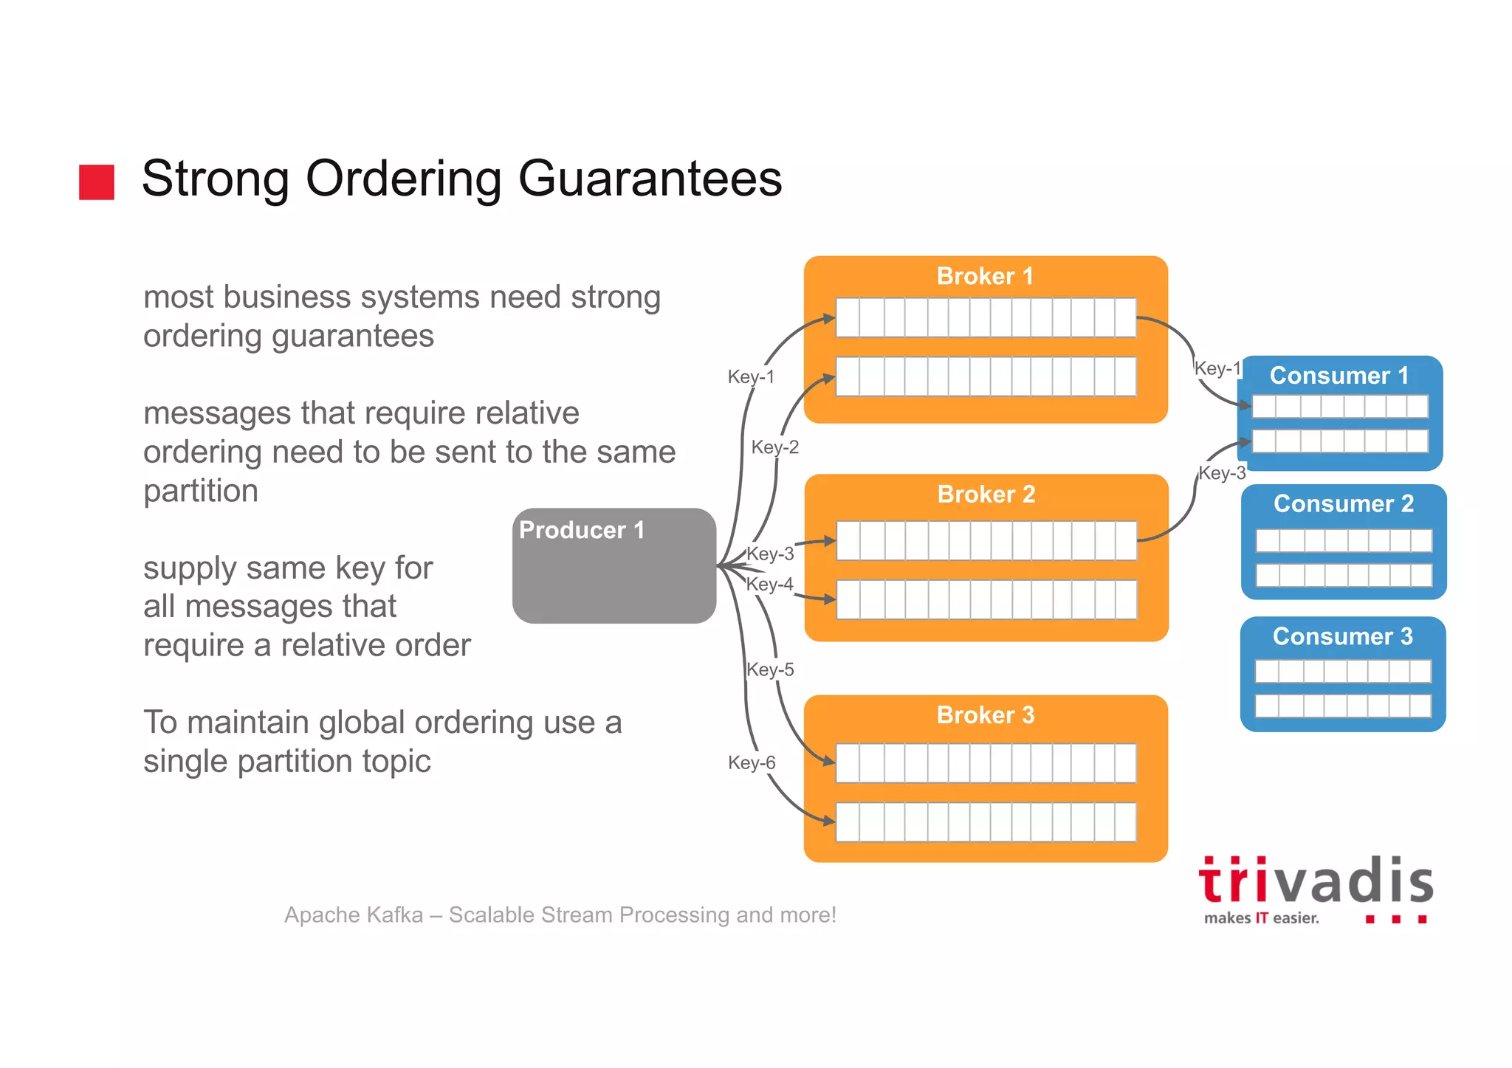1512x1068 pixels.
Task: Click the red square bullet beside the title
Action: [97, 182]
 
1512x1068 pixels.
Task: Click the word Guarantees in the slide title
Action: [650, 179]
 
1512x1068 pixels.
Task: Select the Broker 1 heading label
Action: [985, 277]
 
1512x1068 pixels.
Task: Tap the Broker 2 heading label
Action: [986, 495]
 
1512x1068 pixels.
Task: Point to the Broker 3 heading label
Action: [986, 715]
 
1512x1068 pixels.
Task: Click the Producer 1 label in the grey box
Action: [582, 530]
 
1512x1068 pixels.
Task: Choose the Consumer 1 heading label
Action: [1339, 376]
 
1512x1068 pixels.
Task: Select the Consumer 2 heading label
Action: [1344, 503]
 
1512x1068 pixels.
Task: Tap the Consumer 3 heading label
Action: [1343, 636]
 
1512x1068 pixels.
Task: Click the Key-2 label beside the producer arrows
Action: [774, 447]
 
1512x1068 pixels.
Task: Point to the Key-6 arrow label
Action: [752, 762]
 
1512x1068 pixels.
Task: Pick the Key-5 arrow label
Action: [770, 669]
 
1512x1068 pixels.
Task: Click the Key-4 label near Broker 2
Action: [769, 584]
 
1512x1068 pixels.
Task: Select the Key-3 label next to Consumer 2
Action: [1222, 473]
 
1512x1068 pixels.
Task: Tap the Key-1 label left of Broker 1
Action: [751, 377]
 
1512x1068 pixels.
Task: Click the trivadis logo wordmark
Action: [1316, 881]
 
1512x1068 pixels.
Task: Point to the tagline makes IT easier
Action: [1261, 918]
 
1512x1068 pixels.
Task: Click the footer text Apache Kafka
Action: [354, 915]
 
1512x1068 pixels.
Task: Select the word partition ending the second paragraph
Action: [201, 491]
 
